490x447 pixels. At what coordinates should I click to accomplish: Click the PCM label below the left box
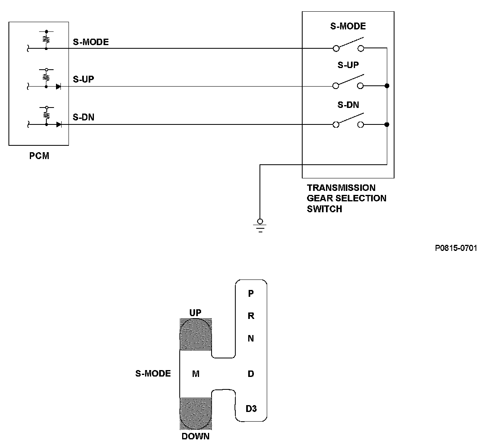click(39, 156)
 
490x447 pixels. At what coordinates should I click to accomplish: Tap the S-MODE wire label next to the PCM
click(91, 42)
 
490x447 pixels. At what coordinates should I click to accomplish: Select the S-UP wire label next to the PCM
click(83, 79)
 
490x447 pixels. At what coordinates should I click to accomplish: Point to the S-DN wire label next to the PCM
click(83, 117)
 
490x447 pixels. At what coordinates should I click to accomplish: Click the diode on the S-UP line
click(58, 87)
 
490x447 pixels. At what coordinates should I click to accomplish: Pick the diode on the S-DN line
click(59, 125)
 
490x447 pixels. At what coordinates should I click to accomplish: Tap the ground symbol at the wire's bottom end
click(260, 226)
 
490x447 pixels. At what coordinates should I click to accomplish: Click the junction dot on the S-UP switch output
click(387, 86)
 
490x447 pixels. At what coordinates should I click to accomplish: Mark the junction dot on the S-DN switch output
click(387, 124)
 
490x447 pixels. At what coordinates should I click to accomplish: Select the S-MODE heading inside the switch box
click(348, 26)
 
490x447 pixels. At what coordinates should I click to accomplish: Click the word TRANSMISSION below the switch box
click(341, 188)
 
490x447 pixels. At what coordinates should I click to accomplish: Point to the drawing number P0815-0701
click(456, 248)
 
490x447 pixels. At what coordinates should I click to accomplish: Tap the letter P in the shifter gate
click(251, 293)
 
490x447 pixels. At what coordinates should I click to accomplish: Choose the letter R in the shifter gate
click(251, 316)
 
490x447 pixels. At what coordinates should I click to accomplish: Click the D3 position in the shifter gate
click(251, 408)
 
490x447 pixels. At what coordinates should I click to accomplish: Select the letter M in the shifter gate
click(196, 374)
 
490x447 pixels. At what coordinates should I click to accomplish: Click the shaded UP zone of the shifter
click(196, 335)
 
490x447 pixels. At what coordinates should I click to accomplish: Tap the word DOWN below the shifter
click(196, 436)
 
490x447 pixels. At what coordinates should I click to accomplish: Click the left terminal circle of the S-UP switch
click(336, 86)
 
